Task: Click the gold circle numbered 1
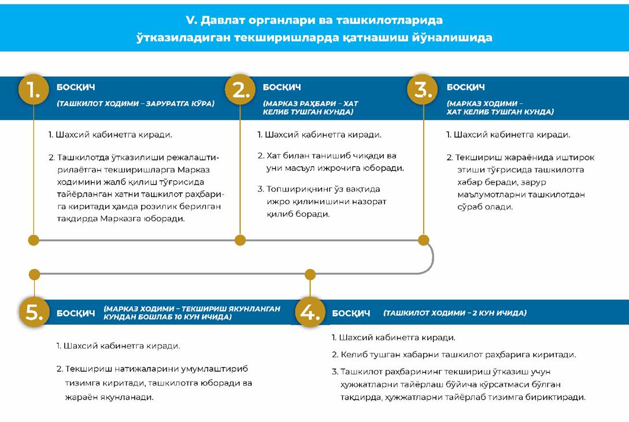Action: (34, 90)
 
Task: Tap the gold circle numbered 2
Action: (240, 90)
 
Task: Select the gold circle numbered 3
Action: (424, 90)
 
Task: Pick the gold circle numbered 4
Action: (310, 313)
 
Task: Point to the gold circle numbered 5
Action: (34, 313)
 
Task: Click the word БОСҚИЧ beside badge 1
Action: (76, 87)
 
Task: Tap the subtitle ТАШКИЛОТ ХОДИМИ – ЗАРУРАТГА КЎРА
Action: (135, 104)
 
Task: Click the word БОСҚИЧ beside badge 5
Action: (76, 313)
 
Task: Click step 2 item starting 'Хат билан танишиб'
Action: (331, 162)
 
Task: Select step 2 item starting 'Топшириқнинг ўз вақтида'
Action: (322, 201)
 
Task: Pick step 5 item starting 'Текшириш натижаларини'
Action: (154, 383)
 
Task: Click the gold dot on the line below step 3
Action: (424, 240)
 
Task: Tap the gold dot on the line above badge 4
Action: (310, 274)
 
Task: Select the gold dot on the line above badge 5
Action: (34, 274)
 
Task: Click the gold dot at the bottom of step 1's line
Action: (34, 240)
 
